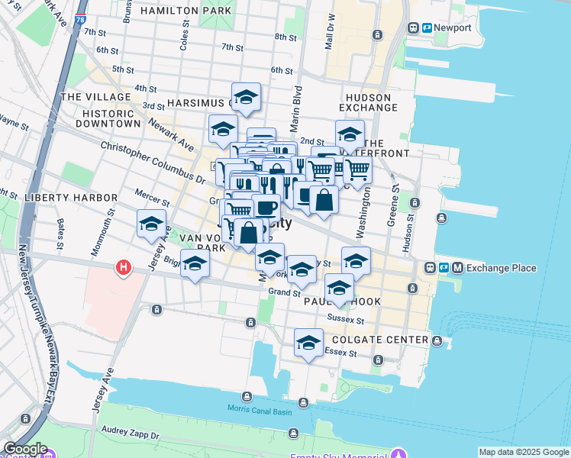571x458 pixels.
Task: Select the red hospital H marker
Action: click(122, 268)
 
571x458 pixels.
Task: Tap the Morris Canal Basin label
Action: click(260, 409)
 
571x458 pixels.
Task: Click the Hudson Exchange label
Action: click(368, 103)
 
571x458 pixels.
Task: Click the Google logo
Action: click(25, 449)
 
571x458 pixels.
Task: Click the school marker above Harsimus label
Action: click(246, 97)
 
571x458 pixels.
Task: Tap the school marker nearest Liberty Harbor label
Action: click(151, 224)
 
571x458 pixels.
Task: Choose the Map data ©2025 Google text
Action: click(524, 452)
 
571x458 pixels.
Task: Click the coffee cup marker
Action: click(266, 207)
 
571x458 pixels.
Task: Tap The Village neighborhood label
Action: click(95, 97)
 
